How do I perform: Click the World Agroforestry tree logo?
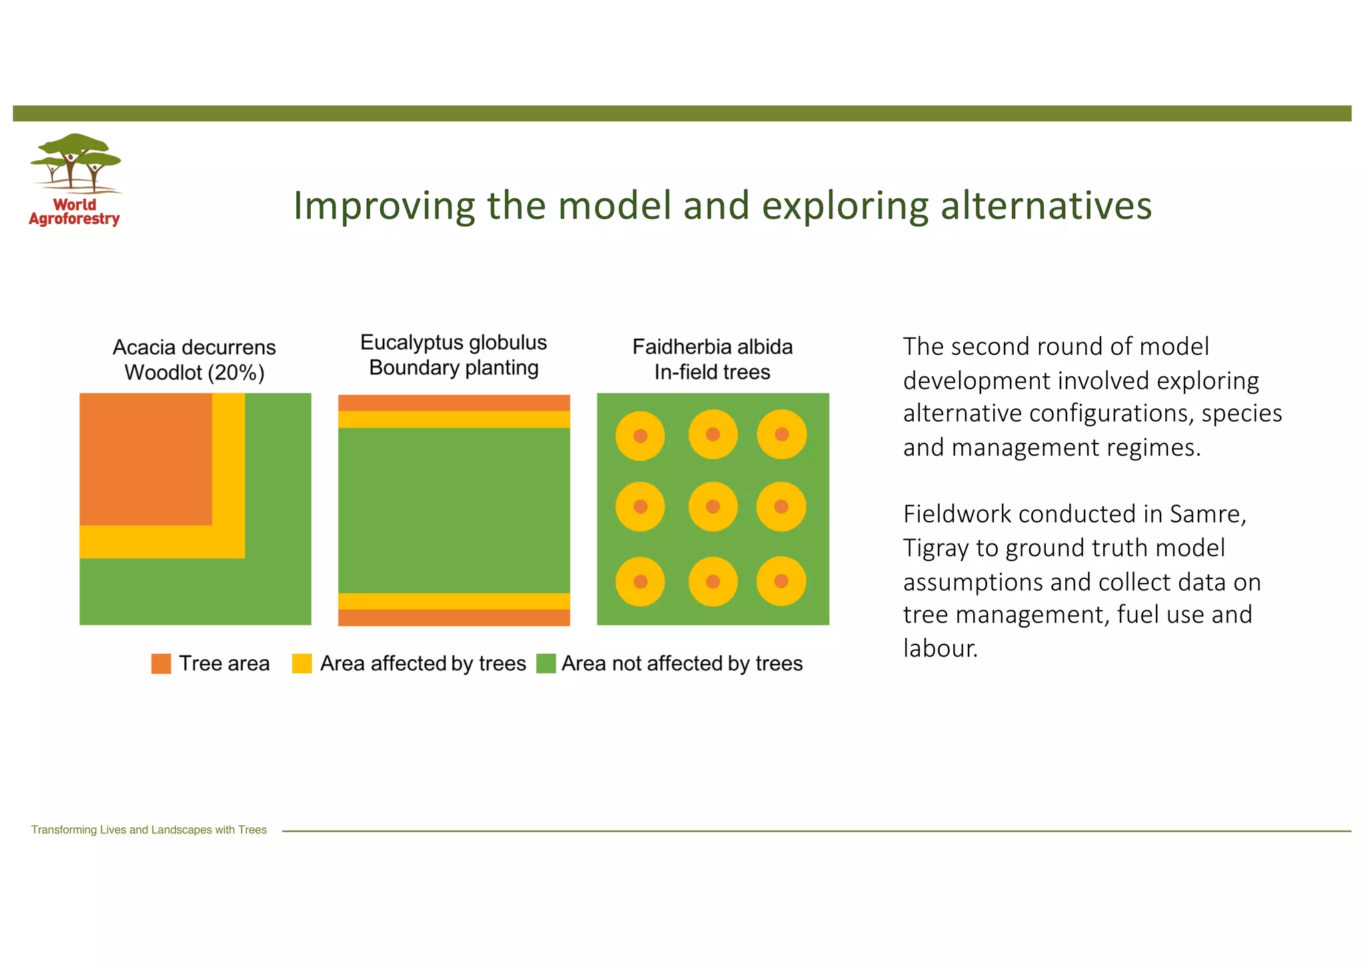tap(75, 163)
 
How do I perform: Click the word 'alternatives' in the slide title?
tap(1046, 205)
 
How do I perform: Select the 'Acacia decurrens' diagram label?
tap(194, 348)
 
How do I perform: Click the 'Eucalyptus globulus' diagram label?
tap(454, 343)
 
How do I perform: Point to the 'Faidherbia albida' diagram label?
tap(712, 347)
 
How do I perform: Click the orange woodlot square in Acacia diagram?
tap(145, 459)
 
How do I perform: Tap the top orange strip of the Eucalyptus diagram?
tap(454, 403)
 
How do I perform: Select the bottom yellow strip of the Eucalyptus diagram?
tap(454, 601)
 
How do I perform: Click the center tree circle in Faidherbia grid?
tap(713, 507)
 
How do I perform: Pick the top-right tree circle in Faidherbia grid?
tap(782, 435)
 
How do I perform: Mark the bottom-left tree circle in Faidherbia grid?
tap(640, 582)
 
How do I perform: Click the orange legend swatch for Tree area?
tap(161, 664)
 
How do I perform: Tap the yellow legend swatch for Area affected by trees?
tap(302, 664)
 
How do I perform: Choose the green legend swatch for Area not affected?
tap(546, 664)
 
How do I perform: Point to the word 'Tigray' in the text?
tap(936, 548)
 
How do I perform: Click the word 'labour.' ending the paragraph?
tap(940, 648)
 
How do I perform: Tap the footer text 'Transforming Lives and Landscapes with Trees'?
tap(149, 830)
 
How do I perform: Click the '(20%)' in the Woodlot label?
tap(236, 373)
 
